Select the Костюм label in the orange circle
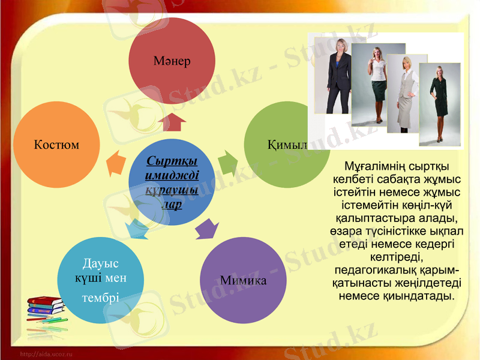tap(56, 145)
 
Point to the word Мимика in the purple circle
tap(243, 280)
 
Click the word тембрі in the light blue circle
tap(100, 298)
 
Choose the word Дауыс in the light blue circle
tap(100, 263)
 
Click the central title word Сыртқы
tap(173, 162)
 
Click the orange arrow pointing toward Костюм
tap(116, 163)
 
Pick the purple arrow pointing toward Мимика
tap(207, 230)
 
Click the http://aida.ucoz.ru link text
tap(46, 355)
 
